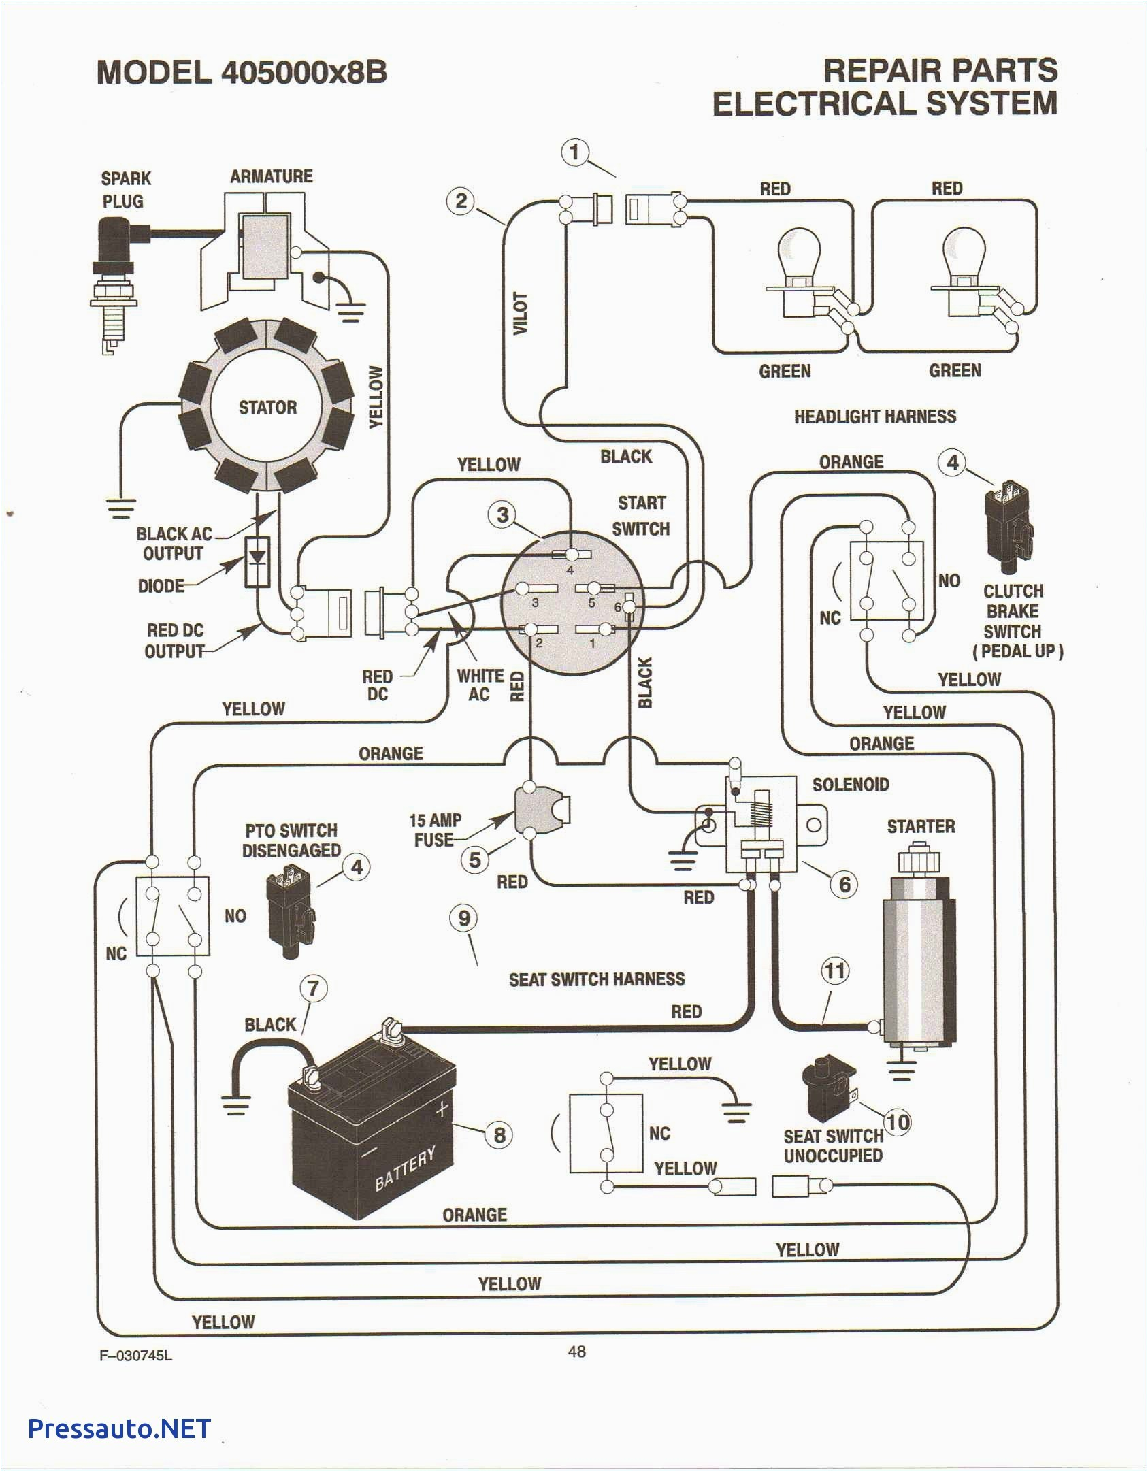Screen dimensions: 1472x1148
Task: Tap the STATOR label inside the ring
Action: tap(267, 408)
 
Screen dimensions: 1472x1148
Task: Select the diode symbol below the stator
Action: tap(257, 561)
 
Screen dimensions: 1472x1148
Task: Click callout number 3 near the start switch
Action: tap(502, 514)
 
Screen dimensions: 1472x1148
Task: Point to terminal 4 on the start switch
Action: tap(572, 555)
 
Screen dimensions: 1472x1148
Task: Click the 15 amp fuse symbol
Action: tap(542, 811)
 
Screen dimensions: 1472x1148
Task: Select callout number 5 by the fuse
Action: tap(475, 860)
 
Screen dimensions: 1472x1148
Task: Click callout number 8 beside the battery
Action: tap(499, 1134)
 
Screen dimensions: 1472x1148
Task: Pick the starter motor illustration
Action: tap(919, 953)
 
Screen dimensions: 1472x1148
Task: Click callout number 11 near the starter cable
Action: tap(835, 970)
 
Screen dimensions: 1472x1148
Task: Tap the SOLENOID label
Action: tap(851, 785)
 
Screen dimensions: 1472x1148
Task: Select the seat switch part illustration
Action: tap(828, 1087)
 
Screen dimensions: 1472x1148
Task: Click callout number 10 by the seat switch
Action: tap(898, 1122)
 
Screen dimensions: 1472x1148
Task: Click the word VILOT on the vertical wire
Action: tap(521, 313)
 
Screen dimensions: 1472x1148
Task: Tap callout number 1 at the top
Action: tap(574, 152)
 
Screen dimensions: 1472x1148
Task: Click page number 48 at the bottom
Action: tap(576, 1352)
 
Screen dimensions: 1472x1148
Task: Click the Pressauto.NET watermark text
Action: tap(119, 1428)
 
